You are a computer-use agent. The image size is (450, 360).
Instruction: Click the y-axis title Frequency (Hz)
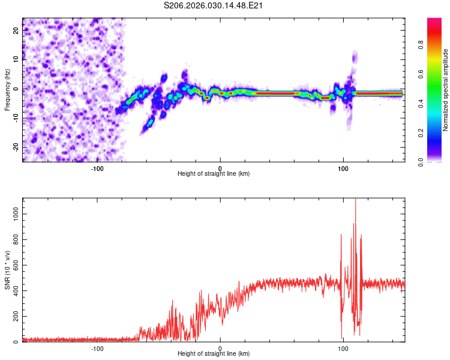(7, 90)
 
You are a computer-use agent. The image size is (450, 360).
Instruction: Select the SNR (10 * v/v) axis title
(7, 270)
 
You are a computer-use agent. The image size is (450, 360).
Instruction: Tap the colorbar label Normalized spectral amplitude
(446, 90)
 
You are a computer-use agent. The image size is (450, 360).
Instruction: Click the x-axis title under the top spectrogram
(214, 174)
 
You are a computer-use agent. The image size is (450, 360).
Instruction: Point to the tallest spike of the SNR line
(355, 200)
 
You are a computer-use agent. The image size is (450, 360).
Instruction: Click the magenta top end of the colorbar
(434, 20)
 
